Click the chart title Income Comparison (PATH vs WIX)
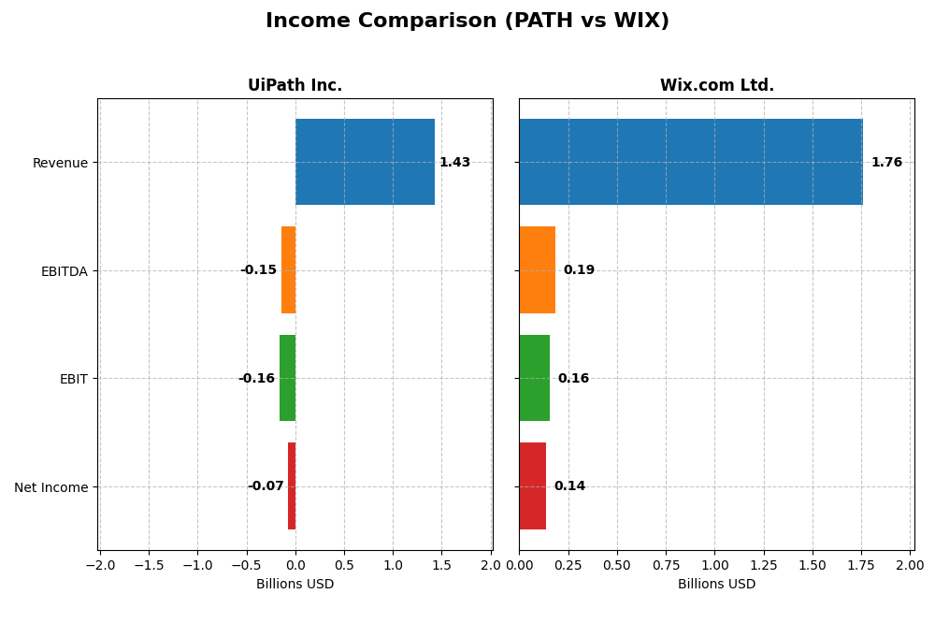click(467, 21)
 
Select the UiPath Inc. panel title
click(295, 85)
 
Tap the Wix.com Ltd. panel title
click(716, 85)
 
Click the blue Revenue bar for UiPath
click(365, 162)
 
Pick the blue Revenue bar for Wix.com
click(690, 162)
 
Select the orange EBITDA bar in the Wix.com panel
click(537, 269)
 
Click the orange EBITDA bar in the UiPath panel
click(288, 269)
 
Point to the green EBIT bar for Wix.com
click(534, 378)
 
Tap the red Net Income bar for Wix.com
click(532, 485)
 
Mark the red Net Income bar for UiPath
click(292, 485)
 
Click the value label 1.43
click(454, 163)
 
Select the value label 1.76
click(886, 163)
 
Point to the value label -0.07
click(266, 486)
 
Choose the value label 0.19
click(578, 270)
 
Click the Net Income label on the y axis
click(50, 487)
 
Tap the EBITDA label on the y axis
click(64, 271)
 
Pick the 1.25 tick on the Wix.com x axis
click(763, 565)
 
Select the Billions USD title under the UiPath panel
click(295, 585)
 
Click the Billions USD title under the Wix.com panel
click(716, 585)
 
